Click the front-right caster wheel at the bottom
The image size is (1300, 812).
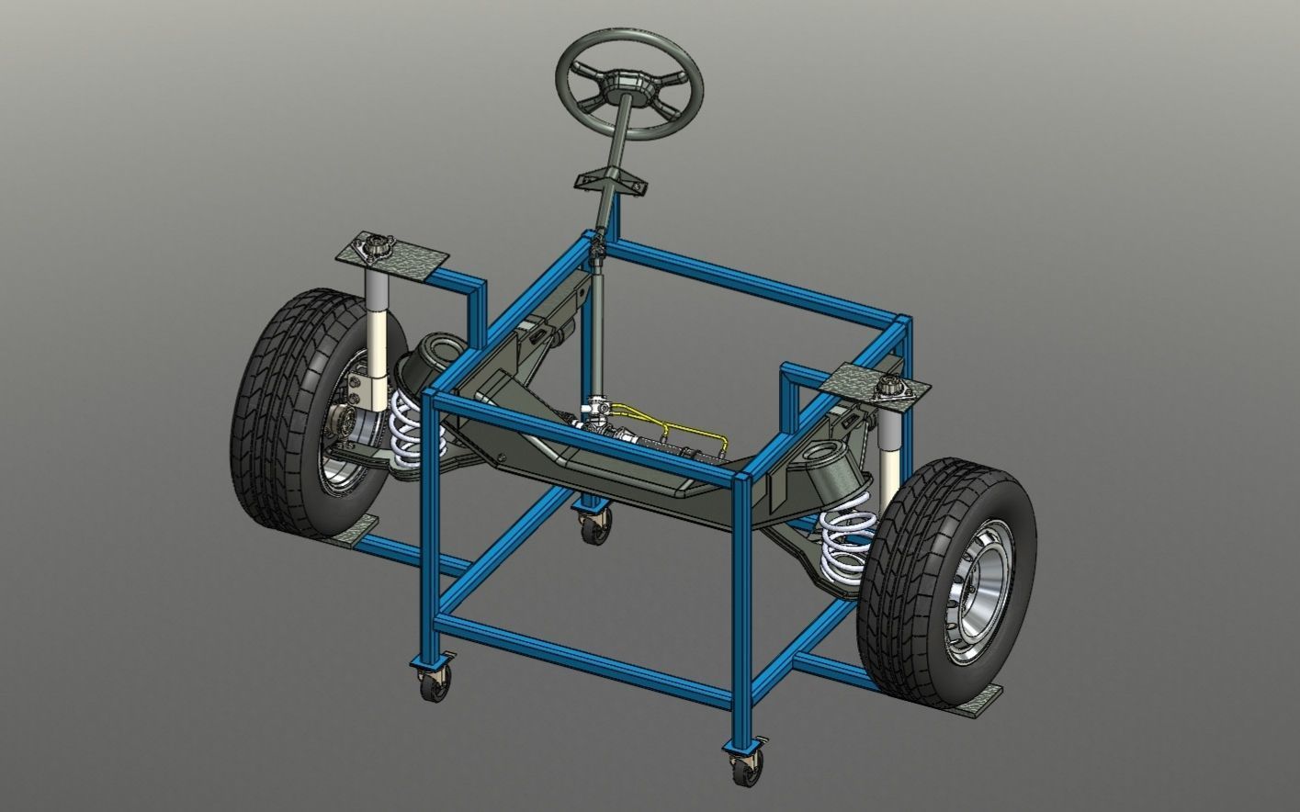743,764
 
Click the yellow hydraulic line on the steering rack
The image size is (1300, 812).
661,418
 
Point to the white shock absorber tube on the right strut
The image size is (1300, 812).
888,459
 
